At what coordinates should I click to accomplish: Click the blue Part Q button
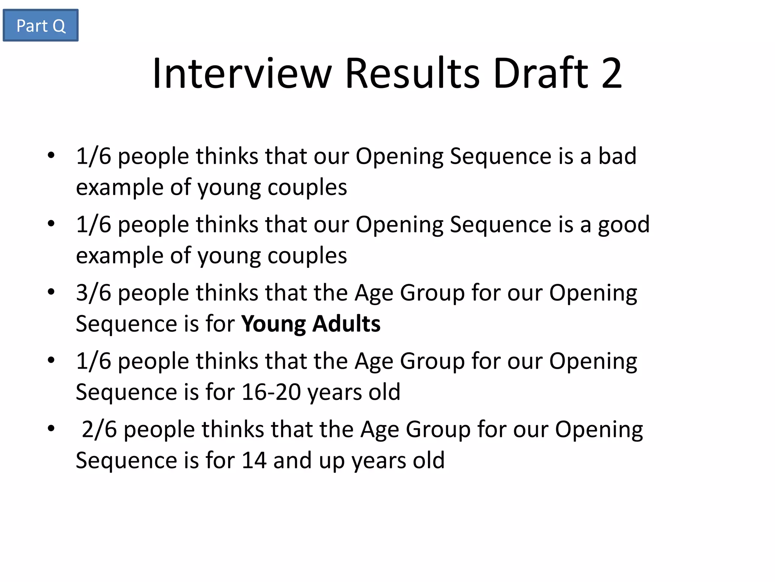click(x=40, y=25)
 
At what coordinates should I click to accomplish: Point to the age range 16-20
click(x=271, y=392)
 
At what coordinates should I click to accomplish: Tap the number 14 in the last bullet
click(x=254, y=461)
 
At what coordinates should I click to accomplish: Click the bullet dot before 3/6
click(x=51, y=292)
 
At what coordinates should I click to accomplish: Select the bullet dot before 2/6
click(x=51, y=429)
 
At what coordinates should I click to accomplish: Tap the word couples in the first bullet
click(x=307, y=188)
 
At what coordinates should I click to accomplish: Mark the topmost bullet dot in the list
click(x=51, y=155)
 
